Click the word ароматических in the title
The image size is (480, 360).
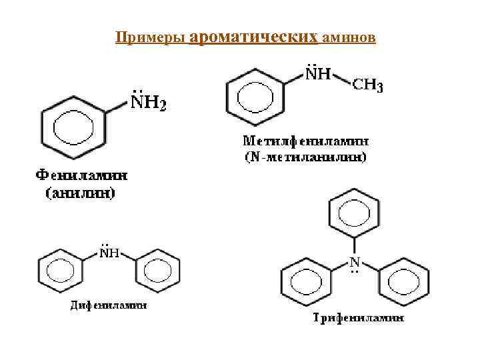coord(253,37)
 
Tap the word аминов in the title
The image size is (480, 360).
coord(349,38)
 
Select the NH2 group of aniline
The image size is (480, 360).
coord(147,103)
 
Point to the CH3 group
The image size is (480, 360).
coord(367,86)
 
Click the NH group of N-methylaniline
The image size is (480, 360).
coord(318,75)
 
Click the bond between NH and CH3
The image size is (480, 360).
coord(341,80)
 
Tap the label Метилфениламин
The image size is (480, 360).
coord(305,141)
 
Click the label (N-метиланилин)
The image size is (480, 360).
coord(305,157)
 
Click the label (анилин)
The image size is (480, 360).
coord(81,193)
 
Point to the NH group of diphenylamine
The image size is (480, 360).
coord(109,253)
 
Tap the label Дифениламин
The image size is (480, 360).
coord(109,305)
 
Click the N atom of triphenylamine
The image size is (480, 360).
coord(355,261)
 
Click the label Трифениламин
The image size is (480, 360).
coord(358,318)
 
